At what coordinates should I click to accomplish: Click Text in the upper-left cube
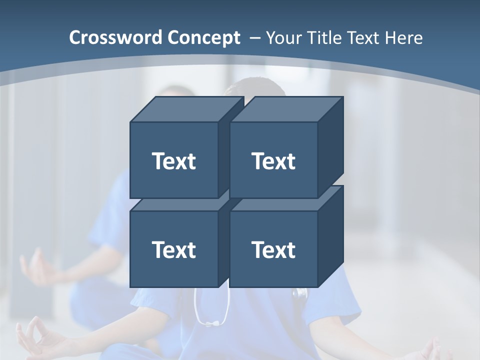(173, 161)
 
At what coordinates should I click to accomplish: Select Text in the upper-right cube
(273, 161)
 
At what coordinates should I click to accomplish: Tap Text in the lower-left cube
(173, 249)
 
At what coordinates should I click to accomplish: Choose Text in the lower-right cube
(273, 249)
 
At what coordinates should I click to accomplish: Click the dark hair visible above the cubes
(255, 89)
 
